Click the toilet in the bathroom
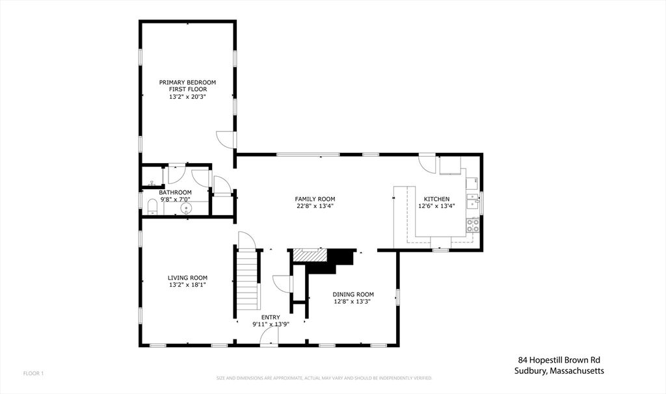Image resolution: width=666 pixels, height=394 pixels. [152, 207]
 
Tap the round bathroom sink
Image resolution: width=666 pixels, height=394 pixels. [187, 209]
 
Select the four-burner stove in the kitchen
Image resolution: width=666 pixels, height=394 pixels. [473, 226]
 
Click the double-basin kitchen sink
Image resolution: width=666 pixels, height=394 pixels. [473, 198]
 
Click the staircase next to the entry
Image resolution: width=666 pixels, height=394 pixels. [246, 282]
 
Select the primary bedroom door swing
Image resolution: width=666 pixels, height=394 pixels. [224, 138]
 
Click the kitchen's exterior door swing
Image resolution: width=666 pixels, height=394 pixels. [427, 163]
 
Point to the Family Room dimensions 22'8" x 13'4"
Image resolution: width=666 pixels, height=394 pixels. [315, 207]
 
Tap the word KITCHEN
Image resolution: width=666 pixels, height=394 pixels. [436, 199]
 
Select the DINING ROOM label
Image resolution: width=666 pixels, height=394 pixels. [353, 294]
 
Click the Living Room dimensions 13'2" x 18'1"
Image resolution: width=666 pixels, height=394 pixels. [187, 285]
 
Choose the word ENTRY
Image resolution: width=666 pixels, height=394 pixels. [271, 317]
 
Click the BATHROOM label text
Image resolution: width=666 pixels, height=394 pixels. [176, 192]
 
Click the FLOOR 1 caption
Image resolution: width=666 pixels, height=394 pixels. [33, 373]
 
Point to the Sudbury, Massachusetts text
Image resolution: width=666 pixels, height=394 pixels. [557, 371]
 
